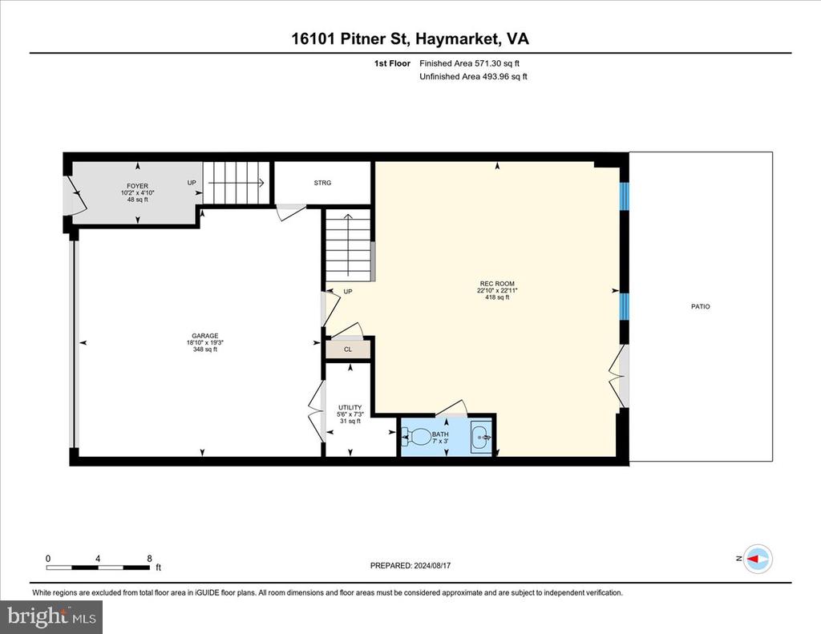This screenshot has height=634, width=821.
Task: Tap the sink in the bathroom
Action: coord(481,437)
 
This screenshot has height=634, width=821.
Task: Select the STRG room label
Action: coord(322,183)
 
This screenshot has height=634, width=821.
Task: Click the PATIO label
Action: coord(701,306)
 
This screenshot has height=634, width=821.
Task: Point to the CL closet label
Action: coord(348,349)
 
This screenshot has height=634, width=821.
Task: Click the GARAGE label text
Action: coord(204,336)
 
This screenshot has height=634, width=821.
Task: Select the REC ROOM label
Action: coord(497,284)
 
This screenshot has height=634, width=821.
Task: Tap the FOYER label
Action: coord(137,186)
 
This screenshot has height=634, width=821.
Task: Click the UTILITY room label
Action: coord(350,407)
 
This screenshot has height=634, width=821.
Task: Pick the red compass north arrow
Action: coord(754,559)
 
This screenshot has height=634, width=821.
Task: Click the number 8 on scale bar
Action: coord(150,558)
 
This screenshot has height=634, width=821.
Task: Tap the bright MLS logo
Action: coord(51,617)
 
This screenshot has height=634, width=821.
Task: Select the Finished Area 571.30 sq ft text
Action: coord(470,63)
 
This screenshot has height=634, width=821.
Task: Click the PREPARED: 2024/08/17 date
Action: coord(410,565)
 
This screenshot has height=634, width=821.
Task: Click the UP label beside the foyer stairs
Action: coord(192,183)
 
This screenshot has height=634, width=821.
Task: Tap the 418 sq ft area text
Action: coord(497,297)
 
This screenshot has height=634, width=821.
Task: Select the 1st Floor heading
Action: coord(392,63)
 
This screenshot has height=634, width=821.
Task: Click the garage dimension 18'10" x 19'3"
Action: coord(204,343)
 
